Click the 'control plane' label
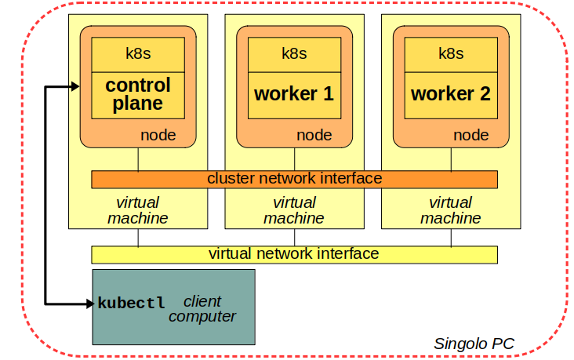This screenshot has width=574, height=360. (138, 94)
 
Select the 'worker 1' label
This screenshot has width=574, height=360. (294, 94)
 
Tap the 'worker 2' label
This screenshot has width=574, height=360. (451, 94)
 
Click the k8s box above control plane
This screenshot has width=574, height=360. (138, 54)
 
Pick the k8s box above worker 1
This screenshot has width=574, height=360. (294, 54)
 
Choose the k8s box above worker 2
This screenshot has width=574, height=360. (451, 54)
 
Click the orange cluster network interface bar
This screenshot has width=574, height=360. (294, 179)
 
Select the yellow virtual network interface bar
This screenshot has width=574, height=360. (294, 254)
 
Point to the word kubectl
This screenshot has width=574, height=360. (131, 303)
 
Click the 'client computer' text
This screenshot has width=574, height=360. (202, 309)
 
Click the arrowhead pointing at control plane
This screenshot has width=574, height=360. (75, 86)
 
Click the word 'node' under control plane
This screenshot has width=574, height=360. (158, 135)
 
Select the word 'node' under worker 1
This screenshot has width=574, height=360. (314, 135)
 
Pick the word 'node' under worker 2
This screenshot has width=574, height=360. (471, 135)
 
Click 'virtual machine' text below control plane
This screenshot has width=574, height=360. (138, 210)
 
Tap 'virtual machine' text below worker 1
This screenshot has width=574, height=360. (294, 210)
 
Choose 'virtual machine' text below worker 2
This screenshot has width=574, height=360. (451, 210)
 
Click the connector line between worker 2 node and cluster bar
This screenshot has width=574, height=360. (451, 159)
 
